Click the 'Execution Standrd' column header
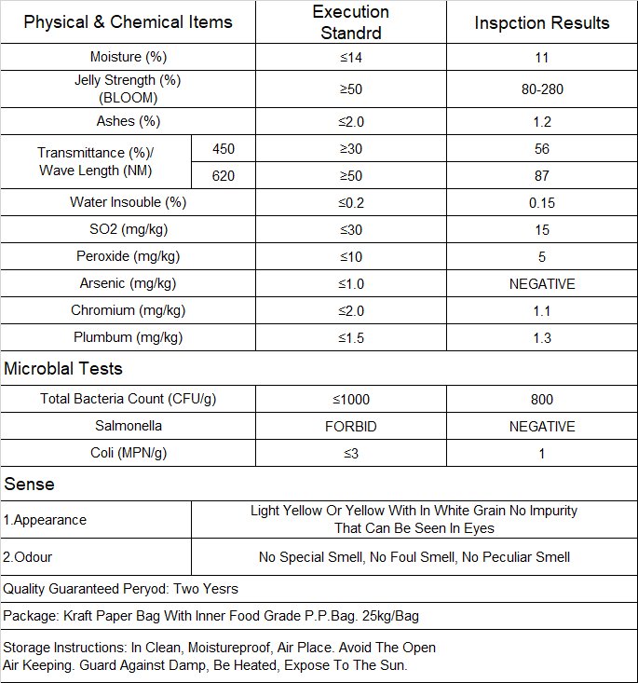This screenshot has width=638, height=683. click(350, 22)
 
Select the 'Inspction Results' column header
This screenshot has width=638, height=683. click(542, 22)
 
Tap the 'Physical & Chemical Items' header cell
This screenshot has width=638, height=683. click(128, 22)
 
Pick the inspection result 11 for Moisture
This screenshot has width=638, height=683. click(542, 58)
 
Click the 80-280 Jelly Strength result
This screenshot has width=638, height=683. click(542, 89)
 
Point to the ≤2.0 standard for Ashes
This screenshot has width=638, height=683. click(350, 122)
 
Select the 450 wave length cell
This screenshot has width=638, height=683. click(224, 148)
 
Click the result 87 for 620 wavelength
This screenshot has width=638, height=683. click(542, 175)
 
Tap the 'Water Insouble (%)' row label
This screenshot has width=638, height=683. click(128, 202)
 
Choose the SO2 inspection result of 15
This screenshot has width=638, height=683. click(542, 229)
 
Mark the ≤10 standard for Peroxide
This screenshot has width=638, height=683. click(350, 256)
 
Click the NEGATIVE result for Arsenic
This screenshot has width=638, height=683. click(542, 283)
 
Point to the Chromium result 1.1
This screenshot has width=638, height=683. click(542, 310)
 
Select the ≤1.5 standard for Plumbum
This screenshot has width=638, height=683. click(350, 337)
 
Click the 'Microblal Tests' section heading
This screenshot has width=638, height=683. click(63, 369)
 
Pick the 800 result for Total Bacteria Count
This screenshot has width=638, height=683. click(542, 400)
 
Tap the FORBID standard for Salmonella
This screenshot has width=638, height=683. click(350, 427)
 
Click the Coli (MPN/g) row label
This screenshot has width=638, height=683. click(128, 454)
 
